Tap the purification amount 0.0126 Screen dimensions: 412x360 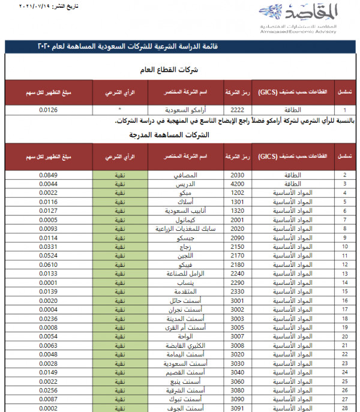[x=49, y=110]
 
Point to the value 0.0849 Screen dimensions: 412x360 [x=49, y=175]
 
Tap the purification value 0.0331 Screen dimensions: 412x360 [x=49, y=246]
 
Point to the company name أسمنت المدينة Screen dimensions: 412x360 [x=185, y=318]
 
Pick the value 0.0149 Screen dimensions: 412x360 [x=49, y=372]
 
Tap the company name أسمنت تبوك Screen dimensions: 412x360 [x=185, y=399]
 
